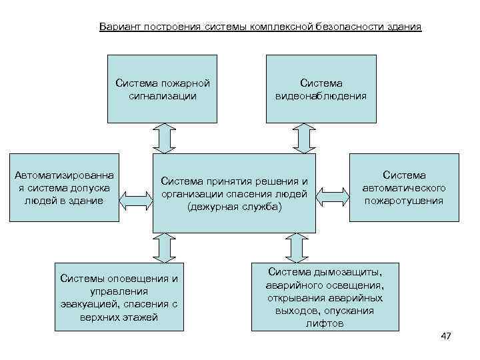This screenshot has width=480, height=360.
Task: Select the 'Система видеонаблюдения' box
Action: [321, 89]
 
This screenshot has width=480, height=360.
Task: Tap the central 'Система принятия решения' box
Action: [234, 193]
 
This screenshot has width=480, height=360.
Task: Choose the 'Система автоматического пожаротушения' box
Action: [404, 187]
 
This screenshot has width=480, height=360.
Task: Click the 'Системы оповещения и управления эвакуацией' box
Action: [119, 294]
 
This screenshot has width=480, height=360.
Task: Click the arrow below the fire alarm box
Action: [163, 138]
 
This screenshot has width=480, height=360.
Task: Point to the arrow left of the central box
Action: [135, 197]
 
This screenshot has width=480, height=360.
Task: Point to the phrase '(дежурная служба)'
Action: [235, 207]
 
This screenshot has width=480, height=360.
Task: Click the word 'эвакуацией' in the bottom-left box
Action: [89, 304]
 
